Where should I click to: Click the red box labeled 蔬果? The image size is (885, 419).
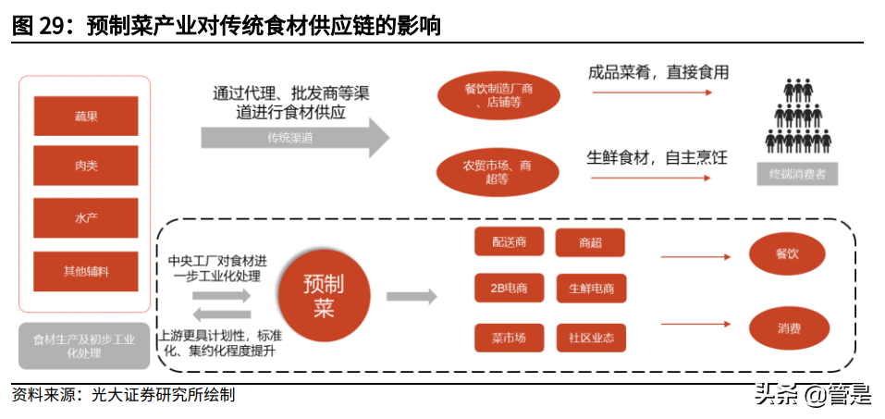(x=86, y=117)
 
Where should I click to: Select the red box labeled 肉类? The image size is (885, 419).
(x=86, y=166)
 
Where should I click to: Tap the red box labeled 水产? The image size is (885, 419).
(x=86, y=218)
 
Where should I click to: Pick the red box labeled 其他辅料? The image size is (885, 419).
(x=86, y=271)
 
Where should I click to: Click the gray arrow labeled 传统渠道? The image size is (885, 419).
(x=294, y=137)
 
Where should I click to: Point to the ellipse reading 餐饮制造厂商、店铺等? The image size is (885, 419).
(x=498, y=95)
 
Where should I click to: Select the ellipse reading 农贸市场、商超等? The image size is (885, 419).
(x=498, y=172)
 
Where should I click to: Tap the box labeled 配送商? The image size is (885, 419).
(x=509, y=243)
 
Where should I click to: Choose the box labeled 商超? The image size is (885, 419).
(x=590, y=243)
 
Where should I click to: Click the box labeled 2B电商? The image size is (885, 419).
(x=509, y=288)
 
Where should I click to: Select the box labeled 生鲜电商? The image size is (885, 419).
(x=590, y=288)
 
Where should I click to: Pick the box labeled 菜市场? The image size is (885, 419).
(x=509, y=338)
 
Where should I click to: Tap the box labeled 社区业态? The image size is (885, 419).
(x=590, y=338)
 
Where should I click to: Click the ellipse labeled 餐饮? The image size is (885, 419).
(x=787, y=253)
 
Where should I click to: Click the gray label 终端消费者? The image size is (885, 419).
(x=797, y=174)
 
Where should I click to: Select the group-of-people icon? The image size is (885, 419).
(x=797, y=117)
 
